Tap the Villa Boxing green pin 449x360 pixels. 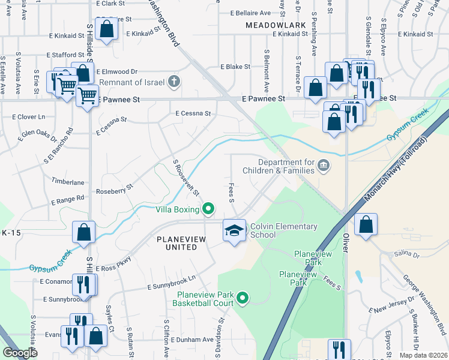point(208,209)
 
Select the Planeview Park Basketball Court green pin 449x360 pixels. point(243,297)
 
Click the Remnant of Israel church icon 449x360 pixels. point(174,81)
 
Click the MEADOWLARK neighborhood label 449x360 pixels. point(276,25)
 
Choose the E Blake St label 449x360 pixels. point(235,67)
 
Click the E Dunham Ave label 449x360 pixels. point(191,340)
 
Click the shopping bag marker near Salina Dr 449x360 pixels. point(365,225)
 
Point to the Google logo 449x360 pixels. point(20,353)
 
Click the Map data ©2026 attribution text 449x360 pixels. point(423,355)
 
